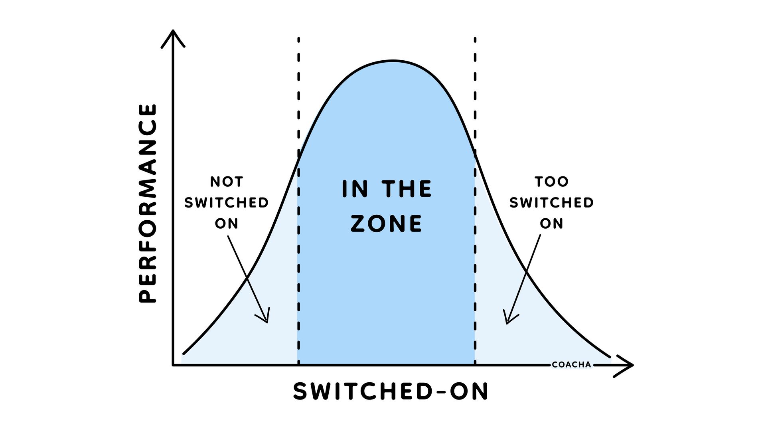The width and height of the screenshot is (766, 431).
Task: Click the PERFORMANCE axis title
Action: point(148,204)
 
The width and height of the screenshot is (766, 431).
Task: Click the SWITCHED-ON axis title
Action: point(391,391)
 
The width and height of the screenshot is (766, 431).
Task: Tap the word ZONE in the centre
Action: point(386,223)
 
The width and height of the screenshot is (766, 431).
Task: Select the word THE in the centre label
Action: point(407,189)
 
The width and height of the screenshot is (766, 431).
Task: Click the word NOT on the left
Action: point(227,182)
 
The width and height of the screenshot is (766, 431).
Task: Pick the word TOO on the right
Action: point(551,182)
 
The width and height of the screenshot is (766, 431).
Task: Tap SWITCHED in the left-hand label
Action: point(226,203)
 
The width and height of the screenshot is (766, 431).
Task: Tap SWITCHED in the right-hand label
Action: point(551,203)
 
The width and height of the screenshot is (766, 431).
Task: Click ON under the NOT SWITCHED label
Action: point(227,223)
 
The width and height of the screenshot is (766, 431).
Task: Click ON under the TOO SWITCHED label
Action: point(551,223)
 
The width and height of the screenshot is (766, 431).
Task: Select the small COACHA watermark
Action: point(571,365)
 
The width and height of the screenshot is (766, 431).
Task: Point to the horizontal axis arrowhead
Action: point(631,365)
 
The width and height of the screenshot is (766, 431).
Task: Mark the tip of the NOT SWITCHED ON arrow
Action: point(267,322)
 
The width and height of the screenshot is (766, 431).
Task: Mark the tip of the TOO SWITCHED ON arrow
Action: point(507,323)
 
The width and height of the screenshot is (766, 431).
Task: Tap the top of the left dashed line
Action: point(298,39)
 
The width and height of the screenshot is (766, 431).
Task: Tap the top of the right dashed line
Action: point(475,39)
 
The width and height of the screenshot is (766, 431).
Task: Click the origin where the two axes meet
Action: point(173,365)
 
